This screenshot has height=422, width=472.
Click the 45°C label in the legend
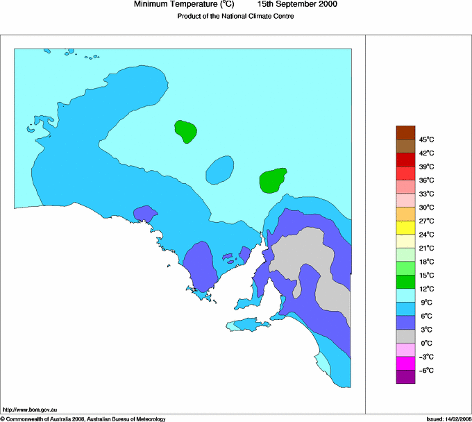click(426, 140)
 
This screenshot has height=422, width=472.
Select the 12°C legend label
click(426, 289)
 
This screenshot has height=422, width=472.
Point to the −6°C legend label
click(425, 371)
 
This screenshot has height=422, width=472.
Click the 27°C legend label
click(426, 221)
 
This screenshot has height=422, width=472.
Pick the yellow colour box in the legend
click(405, 228)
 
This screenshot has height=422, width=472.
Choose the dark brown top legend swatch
click(405, 133)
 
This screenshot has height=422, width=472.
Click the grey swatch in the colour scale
click(405, 336)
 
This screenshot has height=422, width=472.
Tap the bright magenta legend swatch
click(405, 363)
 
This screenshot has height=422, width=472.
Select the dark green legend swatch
click(405, 282)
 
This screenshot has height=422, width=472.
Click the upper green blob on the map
click(185, 130)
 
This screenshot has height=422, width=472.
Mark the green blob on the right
click(273, 180)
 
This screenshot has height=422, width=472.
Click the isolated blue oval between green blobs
click(220, 169)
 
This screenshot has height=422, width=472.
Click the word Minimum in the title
click(152, 4)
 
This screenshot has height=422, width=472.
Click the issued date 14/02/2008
click(449, 419)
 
